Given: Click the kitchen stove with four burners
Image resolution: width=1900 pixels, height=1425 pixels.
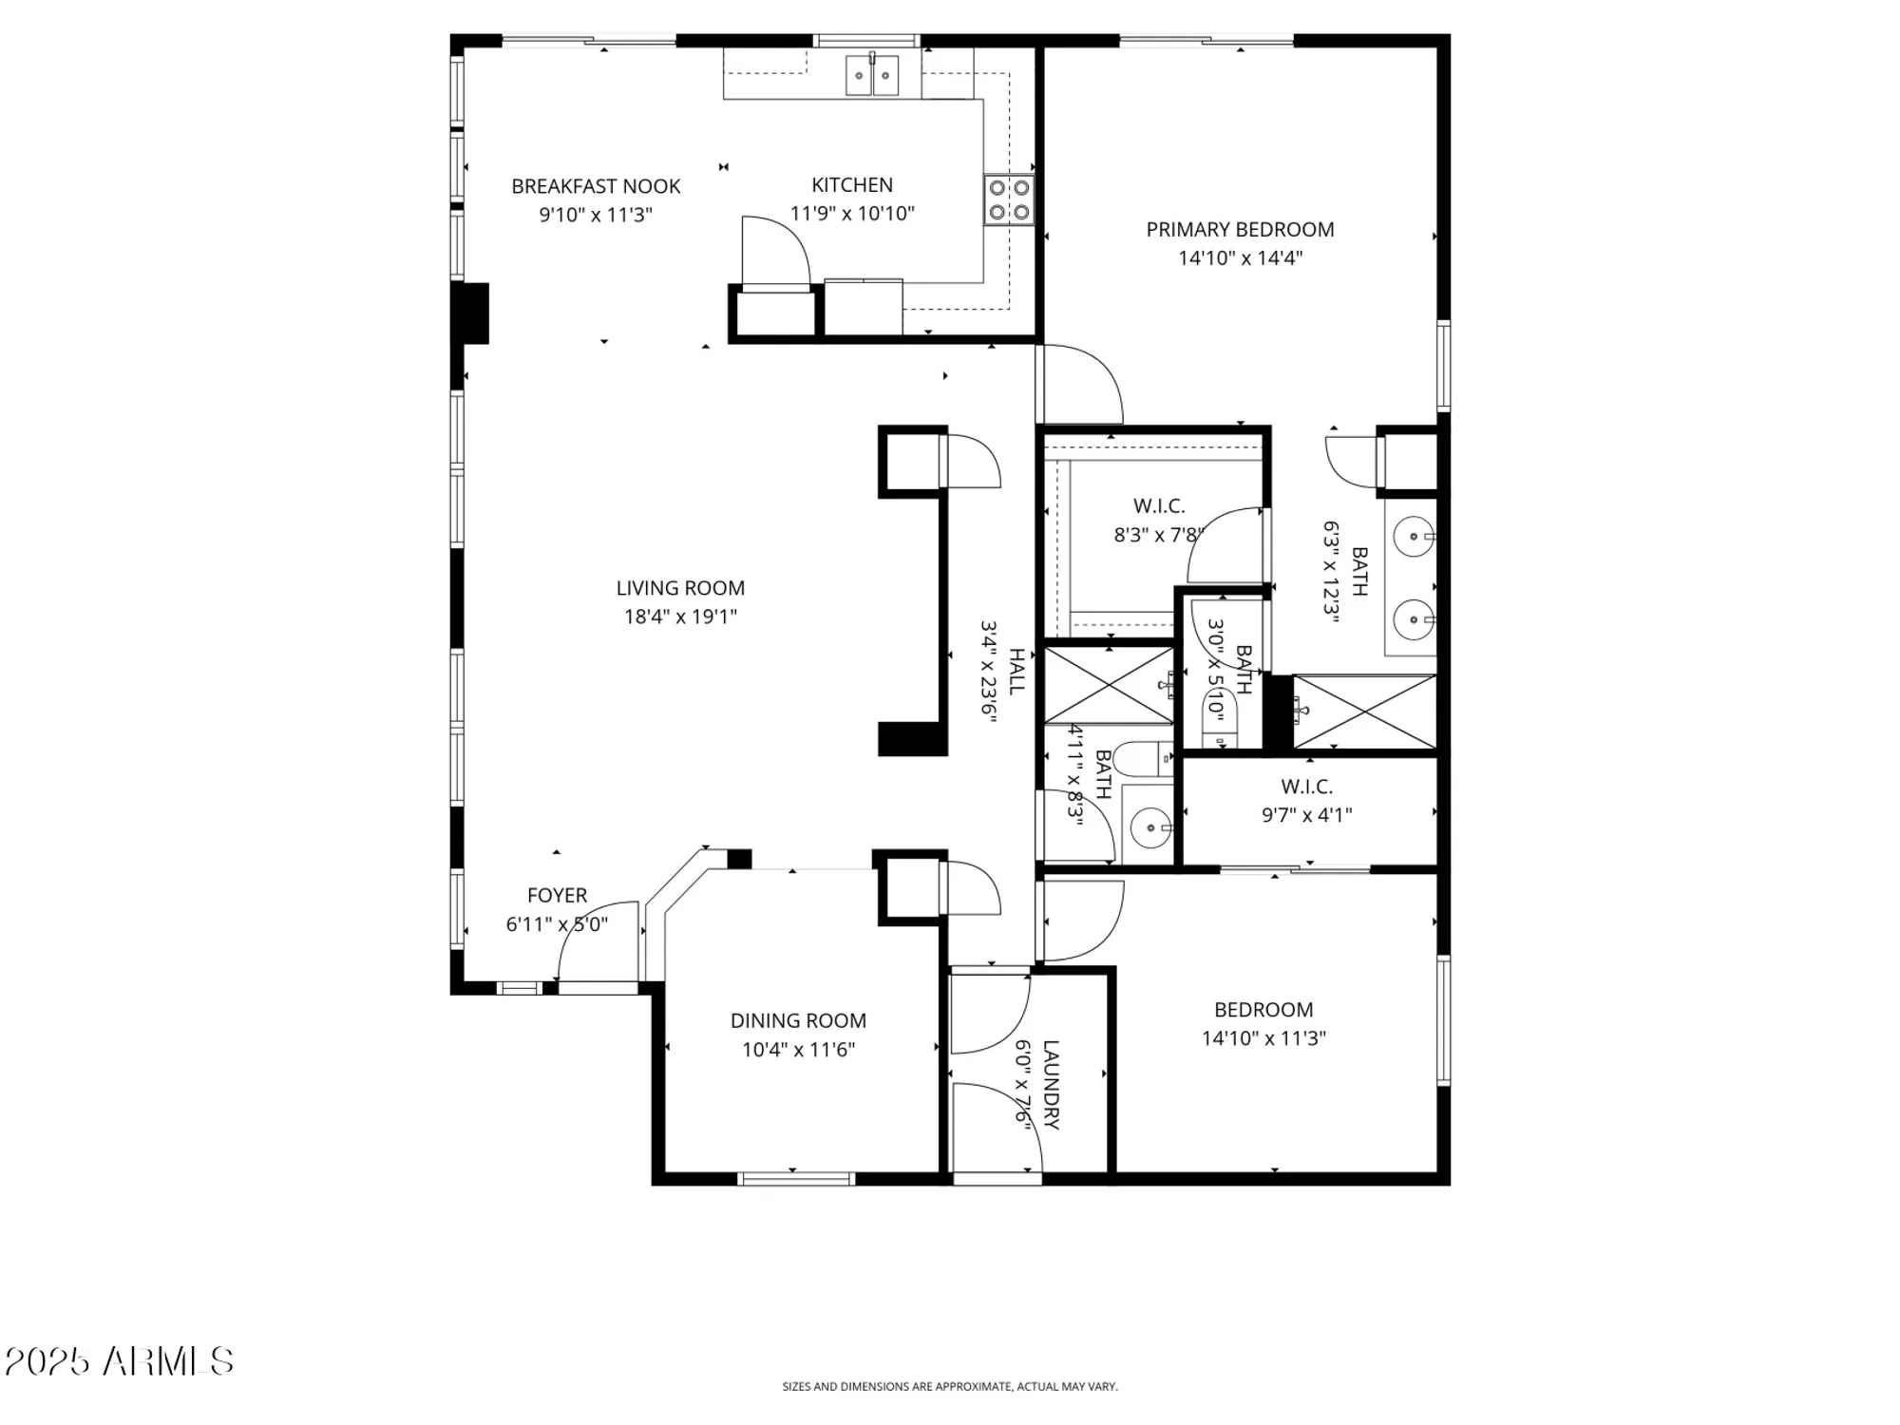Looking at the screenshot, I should click(x=1008, y=199).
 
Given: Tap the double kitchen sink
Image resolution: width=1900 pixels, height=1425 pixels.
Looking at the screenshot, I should click(x=872, y=75).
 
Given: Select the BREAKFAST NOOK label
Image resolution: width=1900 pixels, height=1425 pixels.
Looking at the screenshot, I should click(x=596, y=186).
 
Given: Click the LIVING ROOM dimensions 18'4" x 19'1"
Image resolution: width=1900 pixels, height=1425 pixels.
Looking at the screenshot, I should click(x=680, y=617).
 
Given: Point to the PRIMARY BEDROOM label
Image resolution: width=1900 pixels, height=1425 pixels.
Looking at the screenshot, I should click(x=1240, y=229).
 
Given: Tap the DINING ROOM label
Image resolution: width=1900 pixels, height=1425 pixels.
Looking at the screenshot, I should click(x=798, y=1020).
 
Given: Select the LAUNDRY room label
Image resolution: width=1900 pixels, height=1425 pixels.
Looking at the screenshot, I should click(x=1051, y=1084).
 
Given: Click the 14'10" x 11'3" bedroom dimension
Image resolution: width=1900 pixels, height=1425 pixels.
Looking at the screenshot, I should click(x=1263, y=1038).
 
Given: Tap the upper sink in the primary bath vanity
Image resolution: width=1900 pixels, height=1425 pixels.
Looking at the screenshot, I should click(x=1414, y=537).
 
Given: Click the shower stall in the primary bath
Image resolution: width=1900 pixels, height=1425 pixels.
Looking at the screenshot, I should click(x=1364, y=712).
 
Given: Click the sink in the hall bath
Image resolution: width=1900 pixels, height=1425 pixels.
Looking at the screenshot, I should click(x=1149, y=827).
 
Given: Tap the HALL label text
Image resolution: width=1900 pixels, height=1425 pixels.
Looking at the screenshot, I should click(x=1016, y=671).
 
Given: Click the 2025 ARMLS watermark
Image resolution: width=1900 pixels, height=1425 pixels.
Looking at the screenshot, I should click(x=119, y=1361).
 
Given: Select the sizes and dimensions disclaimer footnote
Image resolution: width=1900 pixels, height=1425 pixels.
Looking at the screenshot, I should click(x=949, y=1387).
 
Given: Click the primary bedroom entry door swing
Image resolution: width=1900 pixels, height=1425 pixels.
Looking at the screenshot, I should click(x=1083, y=385).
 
